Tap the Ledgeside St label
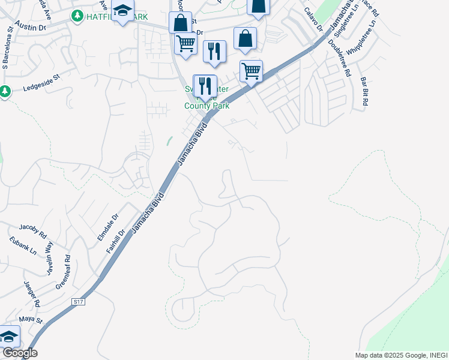coord(42,83)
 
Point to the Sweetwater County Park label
coord(206,98)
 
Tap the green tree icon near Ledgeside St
coord(5,92)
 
